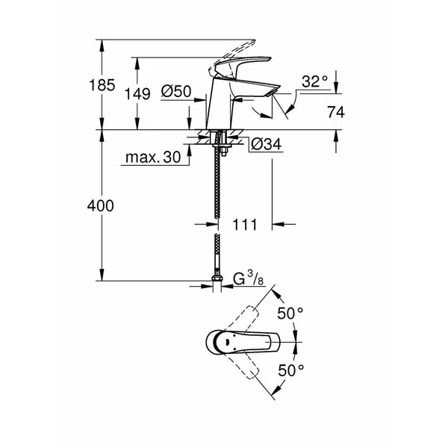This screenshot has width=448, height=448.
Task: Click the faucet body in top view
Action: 239,341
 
